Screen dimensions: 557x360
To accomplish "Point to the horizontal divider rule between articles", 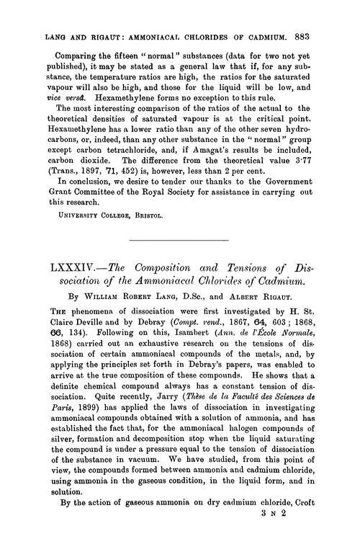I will [179, 239].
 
